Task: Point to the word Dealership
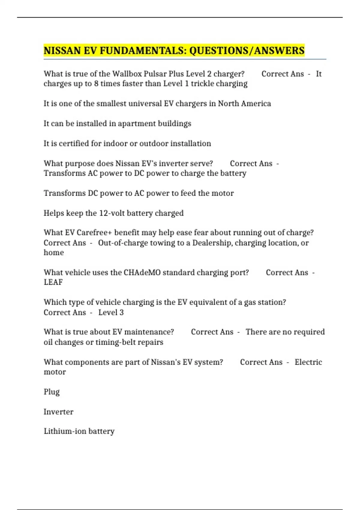(x=212, y=243)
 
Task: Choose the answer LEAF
(x=53, y=282)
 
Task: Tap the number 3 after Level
(x=121, y=313)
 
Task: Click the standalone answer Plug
(x=52, y=392)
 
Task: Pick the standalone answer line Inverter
(x=58, y=412)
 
